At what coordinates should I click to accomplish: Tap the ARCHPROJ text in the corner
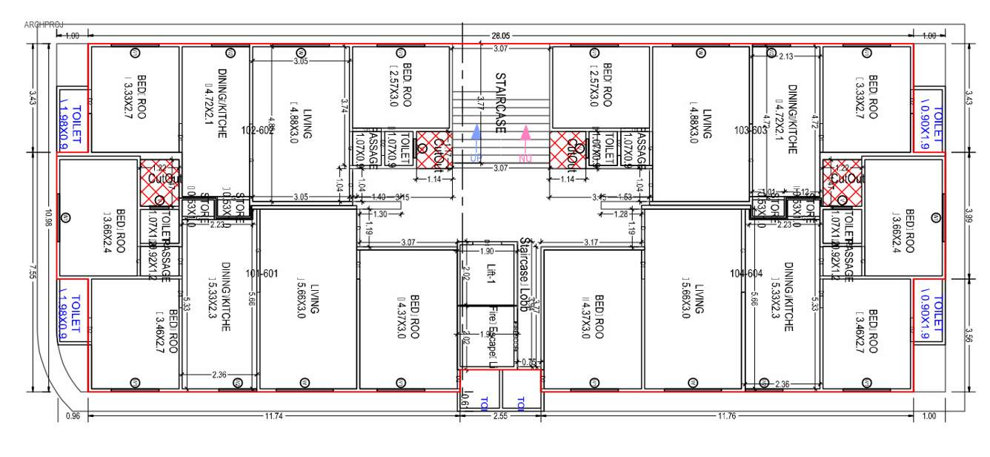coord(44,24)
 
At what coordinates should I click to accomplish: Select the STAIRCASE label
coord(500,103)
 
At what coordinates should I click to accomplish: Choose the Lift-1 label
coord(490,274)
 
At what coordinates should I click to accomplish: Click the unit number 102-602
coord(259,130)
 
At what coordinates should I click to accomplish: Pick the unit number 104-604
coord(746,273)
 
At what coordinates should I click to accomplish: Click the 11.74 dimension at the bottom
coord(275,416)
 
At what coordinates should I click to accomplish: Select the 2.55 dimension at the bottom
coord(501,416)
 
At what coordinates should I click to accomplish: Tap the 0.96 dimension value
coord(73,416)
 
